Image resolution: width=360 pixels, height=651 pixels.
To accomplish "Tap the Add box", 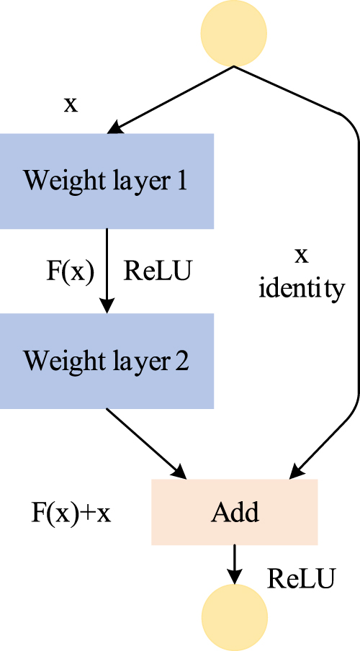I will [234, 512].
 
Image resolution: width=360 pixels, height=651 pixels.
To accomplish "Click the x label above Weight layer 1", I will [71, 105].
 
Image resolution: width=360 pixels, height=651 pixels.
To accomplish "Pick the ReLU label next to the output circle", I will [301, 578].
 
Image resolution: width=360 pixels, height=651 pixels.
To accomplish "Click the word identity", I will [302, 289].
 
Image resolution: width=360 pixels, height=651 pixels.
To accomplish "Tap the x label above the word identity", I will [302, 255].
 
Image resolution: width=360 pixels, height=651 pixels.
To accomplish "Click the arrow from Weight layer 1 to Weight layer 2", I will [107, 270].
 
